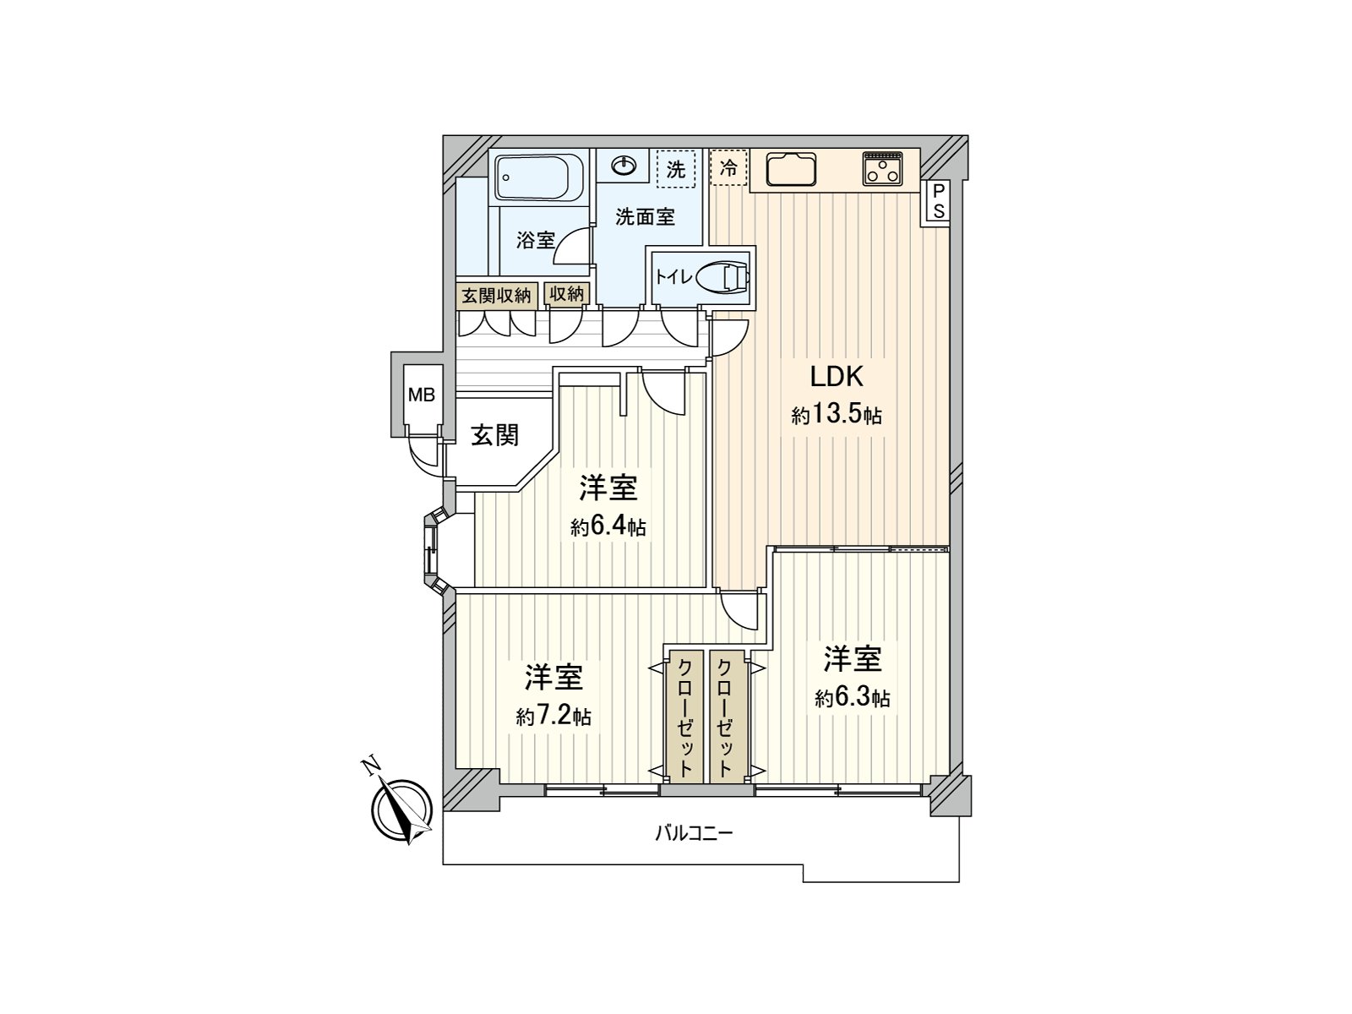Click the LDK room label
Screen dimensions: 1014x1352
coord(837,377)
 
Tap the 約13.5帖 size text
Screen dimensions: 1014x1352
coord(837,415)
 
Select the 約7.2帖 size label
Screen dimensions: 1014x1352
coord(553,717)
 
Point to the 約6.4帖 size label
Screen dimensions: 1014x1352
coord(608,527)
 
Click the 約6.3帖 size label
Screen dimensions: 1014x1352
coord(852,698)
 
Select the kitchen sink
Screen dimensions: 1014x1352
coord(792,169)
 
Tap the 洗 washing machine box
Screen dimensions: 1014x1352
coord(676,169)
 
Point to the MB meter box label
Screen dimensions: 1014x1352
coord(421,395)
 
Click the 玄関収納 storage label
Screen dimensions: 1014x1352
coord(496,295)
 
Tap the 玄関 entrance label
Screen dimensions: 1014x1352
coord(494,435)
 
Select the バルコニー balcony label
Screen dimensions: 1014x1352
coord(694,834)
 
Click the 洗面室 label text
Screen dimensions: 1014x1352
coord(645,217)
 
